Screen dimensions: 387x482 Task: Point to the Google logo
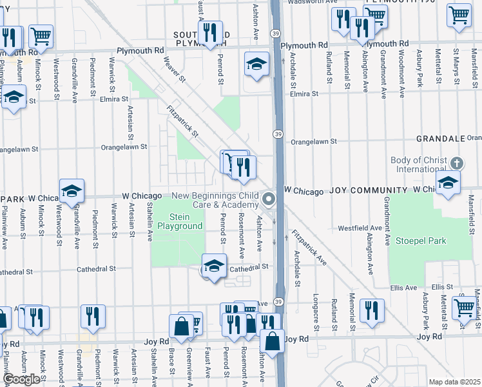coord(21,379)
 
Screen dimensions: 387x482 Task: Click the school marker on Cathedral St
coord(214,266)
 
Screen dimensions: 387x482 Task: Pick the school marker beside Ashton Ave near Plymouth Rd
coord(256,64)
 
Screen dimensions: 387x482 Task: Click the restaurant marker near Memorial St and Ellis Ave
coord(371,310)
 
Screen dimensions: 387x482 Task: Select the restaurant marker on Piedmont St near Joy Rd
coord(93,316)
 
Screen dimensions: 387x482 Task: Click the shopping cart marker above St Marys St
coord(459,15)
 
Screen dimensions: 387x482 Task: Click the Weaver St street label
coord(175,70)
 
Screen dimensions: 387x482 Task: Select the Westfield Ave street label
coord(360,228)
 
